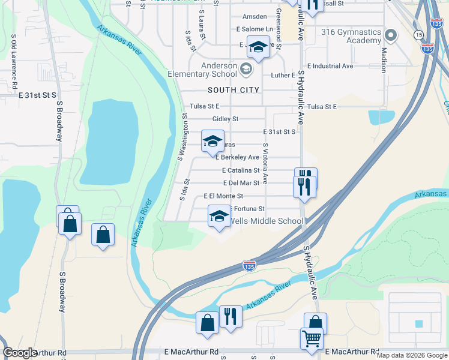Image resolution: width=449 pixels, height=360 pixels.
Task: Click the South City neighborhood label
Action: point(234,90)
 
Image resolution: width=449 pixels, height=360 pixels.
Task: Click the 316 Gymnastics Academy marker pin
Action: point(391,35)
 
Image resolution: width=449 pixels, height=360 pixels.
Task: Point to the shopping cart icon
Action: point(312,338)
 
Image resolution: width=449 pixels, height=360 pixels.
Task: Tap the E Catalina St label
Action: point(240,170)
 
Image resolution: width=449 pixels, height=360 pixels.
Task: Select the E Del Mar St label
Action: point(241,183)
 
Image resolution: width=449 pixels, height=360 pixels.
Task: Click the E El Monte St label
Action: point(223,196)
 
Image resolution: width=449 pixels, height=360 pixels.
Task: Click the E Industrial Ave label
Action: point(330,66)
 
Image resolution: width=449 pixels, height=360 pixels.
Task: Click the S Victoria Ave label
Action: point(265,163)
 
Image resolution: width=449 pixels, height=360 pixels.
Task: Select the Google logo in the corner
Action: point(20,353)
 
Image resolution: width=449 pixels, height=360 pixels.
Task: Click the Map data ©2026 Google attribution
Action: point(411,355)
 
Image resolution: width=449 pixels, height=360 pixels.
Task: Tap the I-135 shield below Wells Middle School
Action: point(250,265)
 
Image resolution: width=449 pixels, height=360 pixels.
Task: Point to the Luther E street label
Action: point(283,76)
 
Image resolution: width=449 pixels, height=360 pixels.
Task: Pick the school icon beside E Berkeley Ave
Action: point(212,141)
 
